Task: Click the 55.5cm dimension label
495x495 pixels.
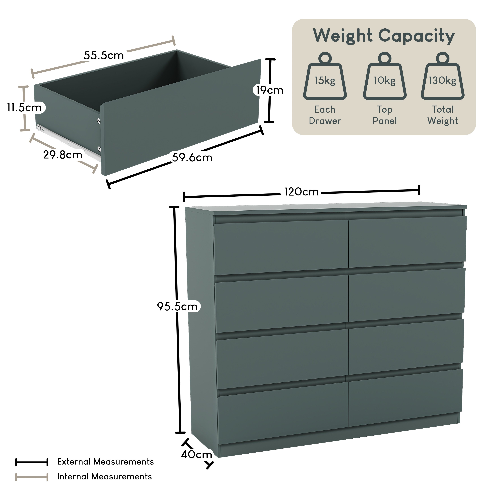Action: point(104,55)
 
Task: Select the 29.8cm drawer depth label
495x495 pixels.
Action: point(63,155)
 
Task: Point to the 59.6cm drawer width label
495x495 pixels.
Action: point(192,157)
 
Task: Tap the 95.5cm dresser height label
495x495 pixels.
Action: point(177,306)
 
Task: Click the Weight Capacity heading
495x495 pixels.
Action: point(384,36)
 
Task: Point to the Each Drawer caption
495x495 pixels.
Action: point(325,115)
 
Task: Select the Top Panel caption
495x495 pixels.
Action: point(385,115)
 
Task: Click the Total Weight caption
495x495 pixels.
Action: point(443,115)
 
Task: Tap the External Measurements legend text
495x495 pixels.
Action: point(105,461)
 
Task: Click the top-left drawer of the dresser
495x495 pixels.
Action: point(281,247)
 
